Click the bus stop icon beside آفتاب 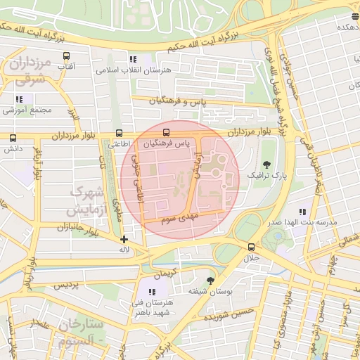point(66,56)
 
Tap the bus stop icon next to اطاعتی point(118,133)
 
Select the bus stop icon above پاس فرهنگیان point(167,131)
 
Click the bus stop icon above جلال point(251,247)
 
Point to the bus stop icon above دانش point(13,138)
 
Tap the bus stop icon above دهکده point(354,16)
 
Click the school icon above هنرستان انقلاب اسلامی point(132,60)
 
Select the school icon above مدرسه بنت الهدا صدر point(302,211)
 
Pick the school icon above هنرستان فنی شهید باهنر point(151,292)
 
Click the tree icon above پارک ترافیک point(264,163)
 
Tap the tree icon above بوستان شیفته point(209,280)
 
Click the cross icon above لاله point(124,239)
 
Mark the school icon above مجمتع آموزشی point(19,99)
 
